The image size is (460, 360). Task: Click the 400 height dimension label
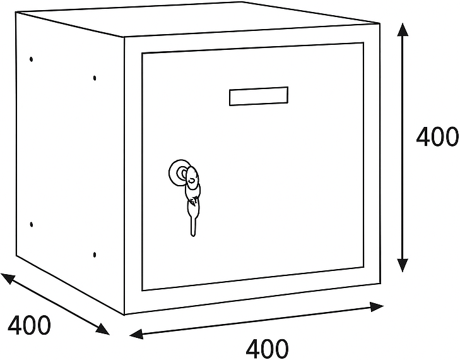pyautogui.click(x=437, y=137)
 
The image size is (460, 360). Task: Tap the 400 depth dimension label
pyautogui.click(x=29, y=325)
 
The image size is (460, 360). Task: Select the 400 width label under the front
pyautogui.click(x=267, y=349)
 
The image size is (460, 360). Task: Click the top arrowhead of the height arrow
pyautogui.click(x=403, y=29)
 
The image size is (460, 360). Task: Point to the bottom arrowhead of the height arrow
pyautogui.click(x=403, y=265)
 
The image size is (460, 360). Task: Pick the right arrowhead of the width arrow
pyautogui.click(x=377, y=307)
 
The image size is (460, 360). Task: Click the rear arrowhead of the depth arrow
pyautogui.click(x=8, y=279)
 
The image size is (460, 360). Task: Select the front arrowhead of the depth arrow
pyautogui.click(x=103, y=330)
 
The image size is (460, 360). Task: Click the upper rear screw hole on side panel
pyautogui.click(x=31, y=59)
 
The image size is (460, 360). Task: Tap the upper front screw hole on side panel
pyautogui.click(x=95, y=78)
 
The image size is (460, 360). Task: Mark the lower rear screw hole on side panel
pyautogui.click(x=31, y=225)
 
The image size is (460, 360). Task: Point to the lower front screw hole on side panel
pyautogui.click(x=95, y=255)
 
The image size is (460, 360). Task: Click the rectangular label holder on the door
pyautogui.click(x=259, y=96)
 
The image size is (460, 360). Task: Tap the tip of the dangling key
pyautogui.click(x=193, y=235)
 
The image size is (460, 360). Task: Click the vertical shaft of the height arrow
pyautogui.click(x=403, y=147)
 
